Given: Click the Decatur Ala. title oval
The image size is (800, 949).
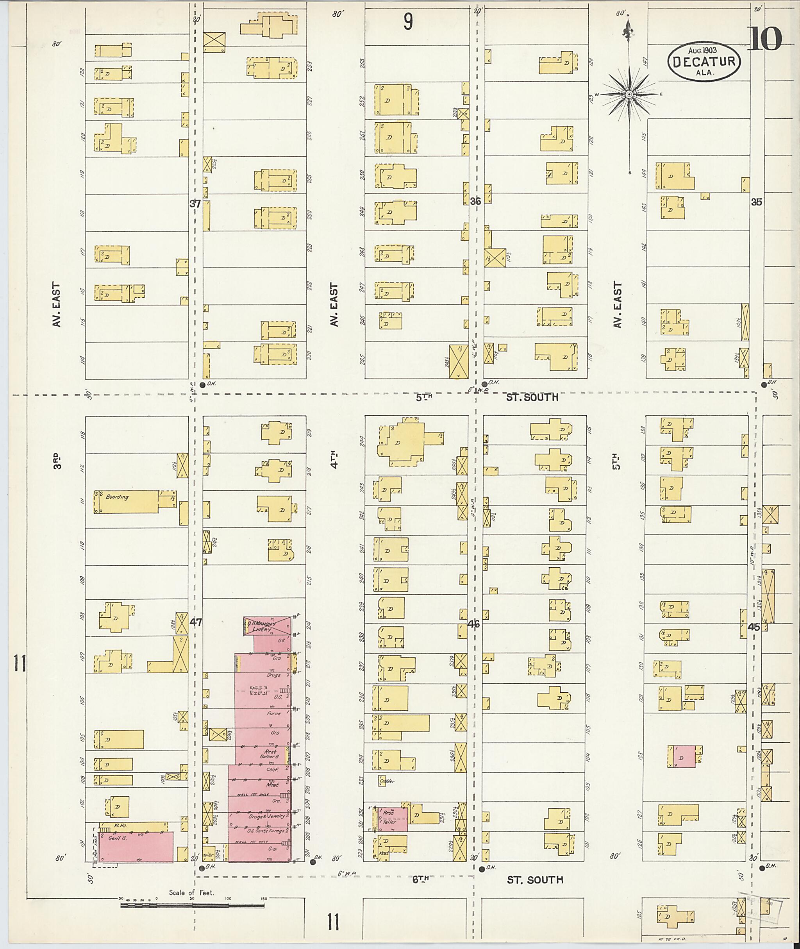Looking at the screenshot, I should point(704,62).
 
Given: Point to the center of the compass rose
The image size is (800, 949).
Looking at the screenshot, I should point(629,95).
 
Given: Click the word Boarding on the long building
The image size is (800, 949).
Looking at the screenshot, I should point(117,497).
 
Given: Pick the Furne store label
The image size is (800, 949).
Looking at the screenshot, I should point(273,713).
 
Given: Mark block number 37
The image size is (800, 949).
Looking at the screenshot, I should point(195,204).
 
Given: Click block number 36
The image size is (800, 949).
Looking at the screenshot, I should point(475,201).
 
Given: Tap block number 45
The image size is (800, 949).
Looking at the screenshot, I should point(754,627).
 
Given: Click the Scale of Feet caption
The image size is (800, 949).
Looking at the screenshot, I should point(191,892).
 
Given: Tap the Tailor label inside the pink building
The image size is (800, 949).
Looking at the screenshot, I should point(389,822).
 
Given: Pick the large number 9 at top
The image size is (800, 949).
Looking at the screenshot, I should point(408,21).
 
